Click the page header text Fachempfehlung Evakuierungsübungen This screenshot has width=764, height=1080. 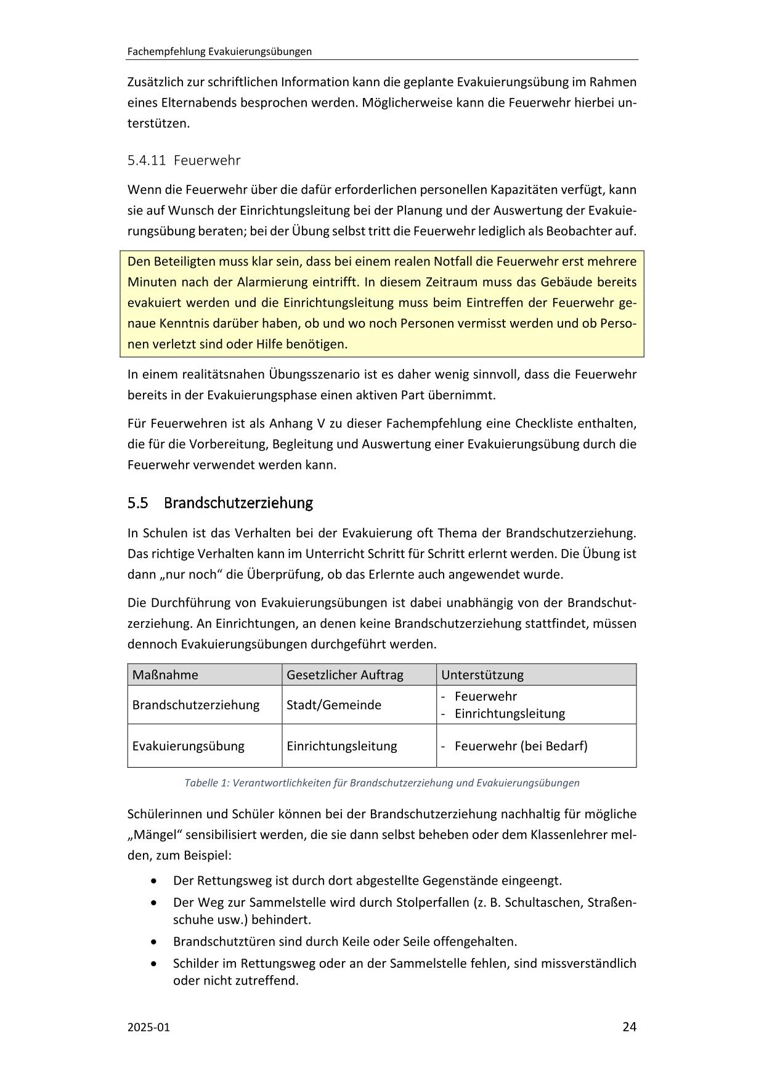(219, 52)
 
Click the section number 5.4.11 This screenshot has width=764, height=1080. (147, 161)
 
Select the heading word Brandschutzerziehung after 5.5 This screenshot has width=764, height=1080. (238, 503)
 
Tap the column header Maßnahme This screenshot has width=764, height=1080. (165, 675)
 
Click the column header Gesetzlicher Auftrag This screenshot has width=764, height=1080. (344, 675)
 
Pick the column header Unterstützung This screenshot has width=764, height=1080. (482, 675)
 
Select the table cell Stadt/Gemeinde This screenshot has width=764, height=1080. (333, 705)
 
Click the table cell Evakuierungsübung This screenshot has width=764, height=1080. (188, 746)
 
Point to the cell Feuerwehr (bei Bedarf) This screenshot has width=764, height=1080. (521, 746)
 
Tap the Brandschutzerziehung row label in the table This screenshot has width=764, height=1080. (195, 705)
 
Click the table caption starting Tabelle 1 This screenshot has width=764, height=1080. (382, 783)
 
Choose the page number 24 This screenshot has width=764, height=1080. (629, 1027)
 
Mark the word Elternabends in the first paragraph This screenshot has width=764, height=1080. (187, 103)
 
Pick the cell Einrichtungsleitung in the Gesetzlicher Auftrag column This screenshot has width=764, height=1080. (341, 746)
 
